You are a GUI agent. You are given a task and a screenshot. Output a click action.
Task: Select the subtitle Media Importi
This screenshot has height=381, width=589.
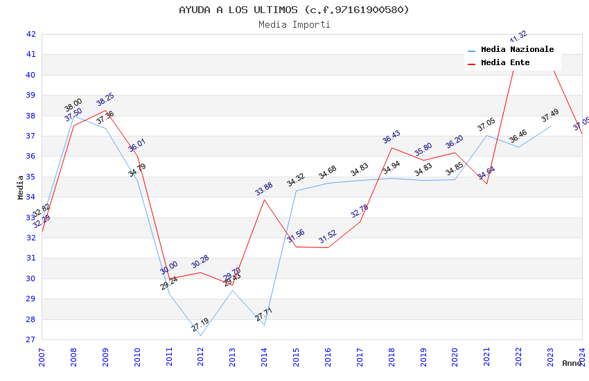294,24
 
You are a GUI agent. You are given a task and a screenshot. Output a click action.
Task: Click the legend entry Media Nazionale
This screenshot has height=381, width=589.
517,50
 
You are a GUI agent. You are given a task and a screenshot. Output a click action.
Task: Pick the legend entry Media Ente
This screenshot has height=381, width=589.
504,63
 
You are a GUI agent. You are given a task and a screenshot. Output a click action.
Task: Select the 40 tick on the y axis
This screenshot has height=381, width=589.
30,75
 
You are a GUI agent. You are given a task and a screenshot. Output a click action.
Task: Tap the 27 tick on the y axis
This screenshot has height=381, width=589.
30,339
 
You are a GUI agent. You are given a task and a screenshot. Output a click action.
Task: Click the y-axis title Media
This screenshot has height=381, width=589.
21,187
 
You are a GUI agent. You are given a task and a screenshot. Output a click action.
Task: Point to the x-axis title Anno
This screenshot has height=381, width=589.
572,363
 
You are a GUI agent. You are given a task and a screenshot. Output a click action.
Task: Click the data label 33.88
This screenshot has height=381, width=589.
264,188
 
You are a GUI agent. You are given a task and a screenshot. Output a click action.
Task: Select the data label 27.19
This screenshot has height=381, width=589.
200,325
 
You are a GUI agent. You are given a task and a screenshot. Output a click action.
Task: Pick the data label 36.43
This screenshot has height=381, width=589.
392,137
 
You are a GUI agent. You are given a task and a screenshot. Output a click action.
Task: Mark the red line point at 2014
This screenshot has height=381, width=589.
264,200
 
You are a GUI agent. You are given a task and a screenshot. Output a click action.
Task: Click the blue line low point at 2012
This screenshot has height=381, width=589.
200,336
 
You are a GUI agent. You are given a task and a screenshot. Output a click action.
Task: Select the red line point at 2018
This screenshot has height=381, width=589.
392,148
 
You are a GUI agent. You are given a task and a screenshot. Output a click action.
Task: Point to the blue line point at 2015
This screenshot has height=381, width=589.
296,190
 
